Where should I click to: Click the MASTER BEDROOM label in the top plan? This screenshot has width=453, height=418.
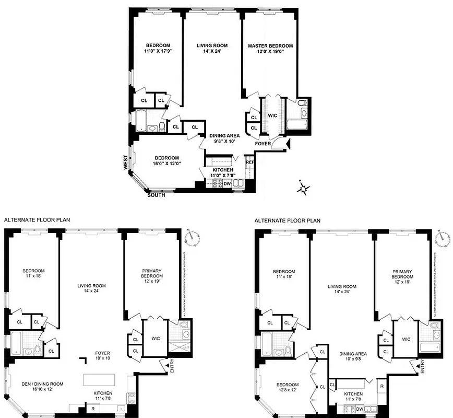tap(270, 46)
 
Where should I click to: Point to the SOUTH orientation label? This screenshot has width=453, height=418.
tap(157, 195)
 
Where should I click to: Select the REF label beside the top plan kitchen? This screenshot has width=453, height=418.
tap(249, 162)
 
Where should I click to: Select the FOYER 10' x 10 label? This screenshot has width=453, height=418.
tap(102, 355)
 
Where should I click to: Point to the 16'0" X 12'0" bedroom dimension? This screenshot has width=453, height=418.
tap(166, 164)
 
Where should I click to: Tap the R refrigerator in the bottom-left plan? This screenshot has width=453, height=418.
tap(92, 408)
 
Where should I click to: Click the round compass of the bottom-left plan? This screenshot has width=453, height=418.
tap(195, 236)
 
